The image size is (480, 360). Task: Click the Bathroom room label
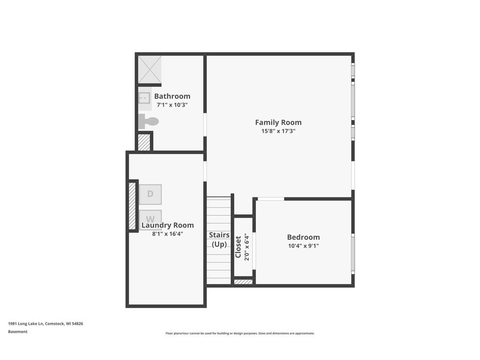click(172, 96)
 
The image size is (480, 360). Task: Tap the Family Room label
click(278, 122)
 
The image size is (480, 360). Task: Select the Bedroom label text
click(303, 237)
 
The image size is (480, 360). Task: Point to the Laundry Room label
click(167, 225)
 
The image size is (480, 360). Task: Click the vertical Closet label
click(238, 247)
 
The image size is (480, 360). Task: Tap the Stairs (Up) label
click(219, 240)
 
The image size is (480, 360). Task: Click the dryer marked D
click(150, 194)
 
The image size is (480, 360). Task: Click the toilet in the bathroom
click(148, 121)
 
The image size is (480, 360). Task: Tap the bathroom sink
click(144, 98)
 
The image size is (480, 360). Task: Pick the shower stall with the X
click(150, 69)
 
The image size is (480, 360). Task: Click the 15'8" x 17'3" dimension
click(278, 131)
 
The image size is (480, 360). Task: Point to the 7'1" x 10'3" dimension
click(172, 105)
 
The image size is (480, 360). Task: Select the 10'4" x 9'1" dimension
click(303, 246)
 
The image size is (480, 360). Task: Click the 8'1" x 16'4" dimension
click(167, 234)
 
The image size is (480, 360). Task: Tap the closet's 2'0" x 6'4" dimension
click(247, 247)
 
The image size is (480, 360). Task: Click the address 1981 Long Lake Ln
click(26, 323)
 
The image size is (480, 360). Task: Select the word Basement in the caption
click(18, 331)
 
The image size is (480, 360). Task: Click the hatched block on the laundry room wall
click(132, 206)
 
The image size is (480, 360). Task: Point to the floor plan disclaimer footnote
click(240, 333)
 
